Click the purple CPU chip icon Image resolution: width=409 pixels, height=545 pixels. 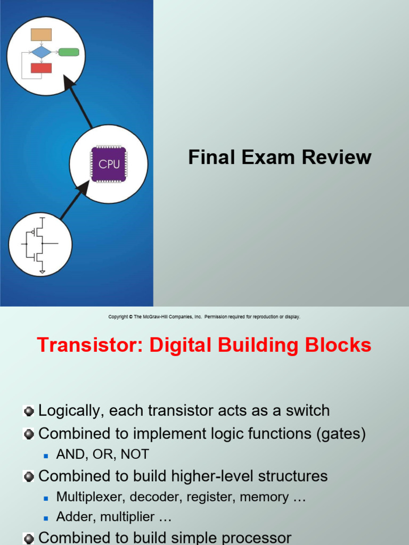click(x=109, y=164)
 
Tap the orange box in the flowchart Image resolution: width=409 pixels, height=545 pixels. click(x=42, y=35)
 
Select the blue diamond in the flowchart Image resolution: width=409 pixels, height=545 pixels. click(x=42, y=52)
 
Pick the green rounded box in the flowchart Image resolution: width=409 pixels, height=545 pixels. click(x=69, y=52)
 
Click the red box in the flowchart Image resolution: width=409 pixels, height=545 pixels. click(x=42, y=68)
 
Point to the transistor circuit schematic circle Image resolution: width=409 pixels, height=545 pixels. click(x=40, y=244)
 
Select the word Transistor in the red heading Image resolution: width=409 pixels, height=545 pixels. click(x=90, y=345)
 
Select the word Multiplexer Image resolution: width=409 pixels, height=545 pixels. click(x=90, y=497)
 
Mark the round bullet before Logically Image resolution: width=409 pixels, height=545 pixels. click(x=29, y=411)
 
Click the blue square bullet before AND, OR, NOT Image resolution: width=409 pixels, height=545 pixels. click(x=46, y=455)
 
